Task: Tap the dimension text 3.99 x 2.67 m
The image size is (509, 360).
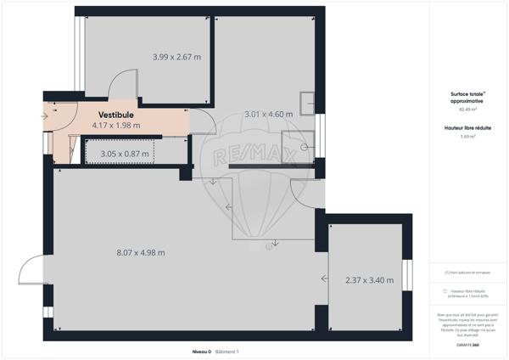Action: click(176, 58)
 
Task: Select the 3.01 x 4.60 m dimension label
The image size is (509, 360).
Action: click(268, 114)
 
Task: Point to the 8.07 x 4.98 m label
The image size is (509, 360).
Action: click(140, 252)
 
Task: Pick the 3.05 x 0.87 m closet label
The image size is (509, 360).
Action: click(124, 154)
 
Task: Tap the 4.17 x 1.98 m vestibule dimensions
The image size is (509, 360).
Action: click(120, 125)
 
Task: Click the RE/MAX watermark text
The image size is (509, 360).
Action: click(254, 157)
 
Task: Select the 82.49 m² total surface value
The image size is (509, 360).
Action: click(468, 110)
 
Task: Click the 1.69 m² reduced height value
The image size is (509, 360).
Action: click(468, 136)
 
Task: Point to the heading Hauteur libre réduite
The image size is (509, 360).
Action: click(468, 127)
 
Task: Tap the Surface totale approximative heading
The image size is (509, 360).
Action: click(468, 97)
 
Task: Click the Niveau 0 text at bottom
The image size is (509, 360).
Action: click(201, 351)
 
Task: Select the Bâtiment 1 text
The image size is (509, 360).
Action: click(227, 351)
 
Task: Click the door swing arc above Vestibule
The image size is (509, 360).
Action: click(124, 83)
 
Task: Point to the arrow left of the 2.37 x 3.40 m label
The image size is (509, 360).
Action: click(325, 278)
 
